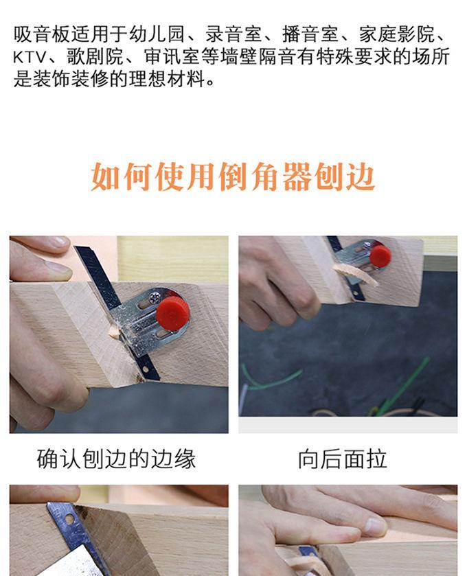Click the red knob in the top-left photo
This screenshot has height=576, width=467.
pyautogui.click(x=172, y=313)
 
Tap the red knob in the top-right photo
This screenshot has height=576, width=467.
pyautogui.click(x=380, y=256)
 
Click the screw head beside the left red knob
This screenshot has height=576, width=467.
pyautogui.click(x=155, y=295)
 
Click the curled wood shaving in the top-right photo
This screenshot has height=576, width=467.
pyautogui.click(x=355, y=274)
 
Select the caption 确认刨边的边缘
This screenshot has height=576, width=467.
pyautogui.click(x=116, y=459)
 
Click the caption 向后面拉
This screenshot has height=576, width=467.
pyautogui.click(x=343, y=459)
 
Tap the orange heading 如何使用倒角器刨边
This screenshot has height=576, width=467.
pyautogui.click(x=233, y=176)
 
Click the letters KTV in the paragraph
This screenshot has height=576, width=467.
pyautogui.click(x=30, y=57)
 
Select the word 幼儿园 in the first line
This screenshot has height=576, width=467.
pyautogui.click(x=157, y=34)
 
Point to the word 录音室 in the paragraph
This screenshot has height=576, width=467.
pyautogui.click(x=233, y=34)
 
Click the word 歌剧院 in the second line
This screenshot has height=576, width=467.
pyautogui.click(x=95, y=57)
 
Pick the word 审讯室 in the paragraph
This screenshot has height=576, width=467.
pyautogui.click(x=172, y=57)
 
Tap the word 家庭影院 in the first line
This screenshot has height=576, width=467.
pyautogui.click(x=397, y=34)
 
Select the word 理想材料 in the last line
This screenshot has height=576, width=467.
pyautogui.click(x=167, y=80)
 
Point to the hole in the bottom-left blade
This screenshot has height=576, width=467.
pyautogui.click(x=69, y=520)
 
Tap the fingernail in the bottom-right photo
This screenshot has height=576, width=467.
pyautogui.click(x=376, y=527)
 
